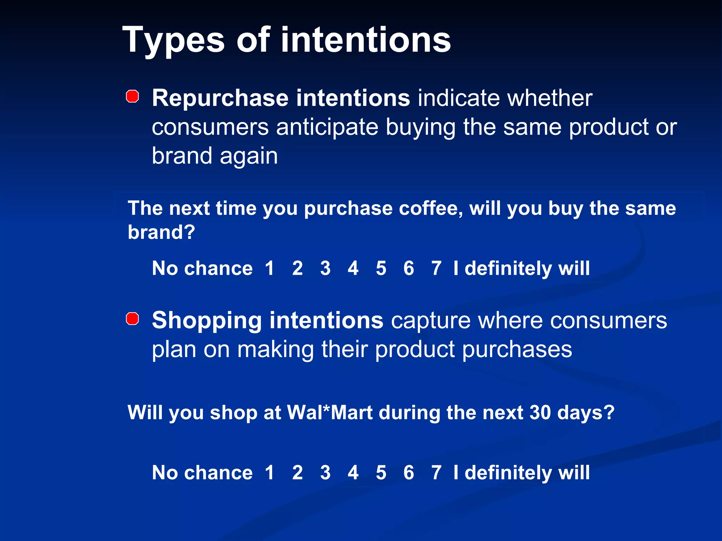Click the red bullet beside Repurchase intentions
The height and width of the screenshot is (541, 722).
coord(133,96)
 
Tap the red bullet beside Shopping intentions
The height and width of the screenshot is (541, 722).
coord(133,319)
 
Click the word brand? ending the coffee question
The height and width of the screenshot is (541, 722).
coord(161,232)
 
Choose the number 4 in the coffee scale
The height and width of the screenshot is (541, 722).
coord(353,268)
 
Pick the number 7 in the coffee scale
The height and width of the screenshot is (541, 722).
coord(436,268)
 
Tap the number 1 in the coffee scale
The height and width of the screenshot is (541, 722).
coord(270,268)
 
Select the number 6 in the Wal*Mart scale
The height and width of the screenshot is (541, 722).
coord(409,473)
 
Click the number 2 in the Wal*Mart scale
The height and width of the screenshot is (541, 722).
coord(298,473)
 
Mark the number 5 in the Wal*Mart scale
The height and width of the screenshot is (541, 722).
coord(381,473)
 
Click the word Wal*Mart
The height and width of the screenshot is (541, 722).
coord(330,412)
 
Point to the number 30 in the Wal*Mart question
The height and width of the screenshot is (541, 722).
coord(540,412)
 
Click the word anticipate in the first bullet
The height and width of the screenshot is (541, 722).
coord(327,127)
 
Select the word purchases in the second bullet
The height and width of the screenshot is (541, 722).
coord(517,350)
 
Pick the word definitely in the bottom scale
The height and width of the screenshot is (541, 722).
coord(508,473)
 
